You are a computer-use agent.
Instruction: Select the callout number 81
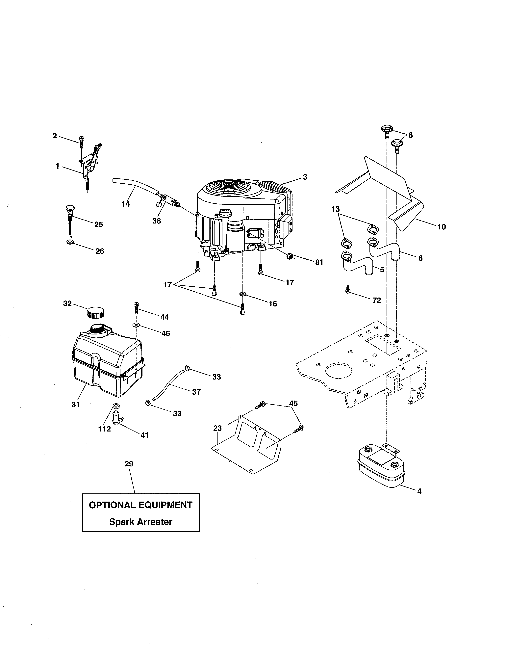pyautogui.click(x=319, y=262)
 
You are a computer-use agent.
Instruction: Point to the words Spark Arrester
pyautogui.click(x=141, y=522)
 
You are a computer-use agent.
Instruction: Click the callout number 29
pyautogui.click(x=129, y=464)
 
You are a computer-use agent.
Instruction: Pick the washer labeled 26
pyautogui.click(x=70, y=242)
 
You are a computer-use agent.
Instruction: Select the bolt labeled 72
pyautogui.click(x=348, y=290)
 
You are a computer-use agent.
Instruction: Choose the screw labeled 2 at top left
pyautogui.click(x=81, y=141)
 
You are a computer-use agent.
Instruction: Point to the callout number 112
pyautogui.click(x=104, y=429)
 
